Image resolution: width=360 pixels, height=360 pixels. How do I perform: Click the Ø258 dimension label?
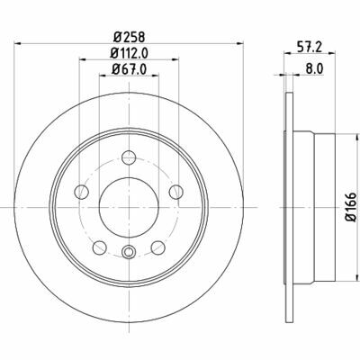[x=130, y=38]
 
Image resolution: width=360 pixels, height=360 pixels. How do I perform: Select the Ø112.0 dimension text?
[x=130, y=53]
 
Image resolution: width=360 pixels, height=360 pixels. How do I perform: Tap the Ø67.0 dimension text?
[x=130, y=69]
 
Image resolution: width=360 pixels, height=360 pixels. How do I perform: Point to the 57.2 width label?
[x=310, y=48]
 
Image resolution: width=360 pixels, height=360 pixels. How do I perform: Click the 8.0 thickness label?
[x=314, y=69]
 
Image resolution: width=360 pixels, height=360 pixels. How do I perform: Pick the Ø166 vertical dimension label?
[x=351, y=207]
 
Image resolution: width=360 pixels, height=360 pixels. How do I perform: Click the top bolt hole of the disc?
[x=129, y=157]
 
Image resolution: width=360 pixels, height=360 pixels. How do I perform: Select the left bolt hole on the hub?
[x=81, y=192]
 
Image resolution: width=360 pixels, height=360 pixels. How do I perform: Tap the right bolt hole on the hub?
[x=176, y=192]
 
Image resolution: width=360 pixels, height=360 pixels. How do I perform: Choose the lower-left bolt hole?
[x=100, y=247]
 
